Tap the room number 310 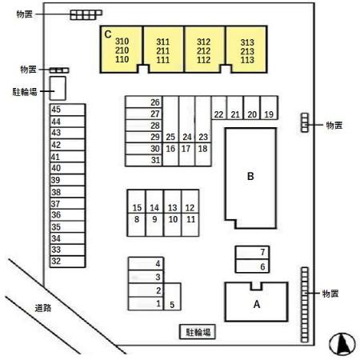122,42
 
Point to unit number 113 247,60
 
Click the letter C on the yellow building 108,34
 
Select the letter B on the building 250,176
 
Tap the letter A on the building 257,304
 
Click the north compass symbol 342,344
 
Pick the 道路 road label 43,308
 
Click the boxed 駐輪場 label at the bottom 198,332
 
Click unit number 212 204,50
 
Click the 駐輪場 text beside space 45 25,92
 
